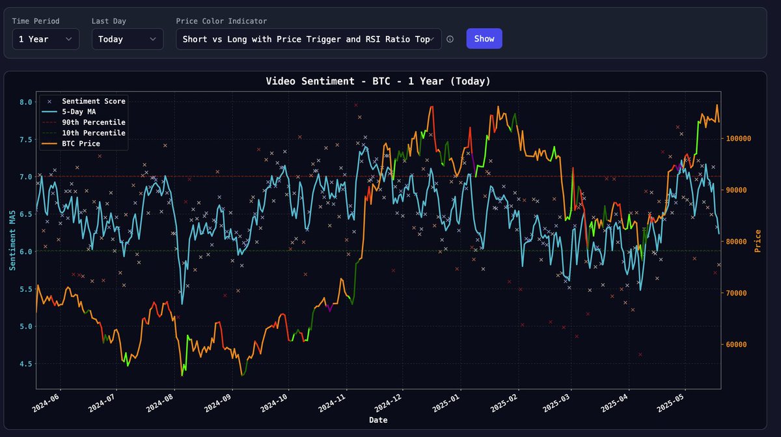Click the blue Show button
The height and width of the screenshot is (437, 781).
point(484,38)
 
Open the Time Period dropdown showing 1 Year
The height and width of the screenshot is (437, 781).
point(46,39)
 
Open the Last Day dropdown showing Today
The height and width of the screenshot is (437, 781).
point(127,39)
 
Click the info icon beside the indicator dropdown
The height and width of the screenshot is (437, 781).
point(450,39)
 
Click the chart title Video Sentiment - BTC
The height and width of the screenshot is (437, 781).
point(378,81)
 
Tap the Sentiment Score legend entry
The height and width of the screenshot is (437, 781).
point(93,101)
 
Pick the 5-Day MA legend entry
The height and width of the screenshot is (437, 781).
point(84,111)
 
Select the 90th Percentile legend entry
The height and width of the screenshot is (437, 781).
point(93,122)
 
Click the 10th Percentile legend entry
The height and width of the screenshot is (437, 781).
point(93,132)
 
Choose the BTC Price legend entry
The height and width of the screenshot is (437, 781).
point(81,143)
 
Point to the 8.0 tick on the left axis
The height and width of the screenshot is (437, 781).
point(25,102)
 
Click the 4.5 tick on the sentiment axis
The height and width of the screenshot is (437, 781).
point(25,364)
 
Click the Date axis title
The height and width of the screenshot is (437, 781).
point(378,420)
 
